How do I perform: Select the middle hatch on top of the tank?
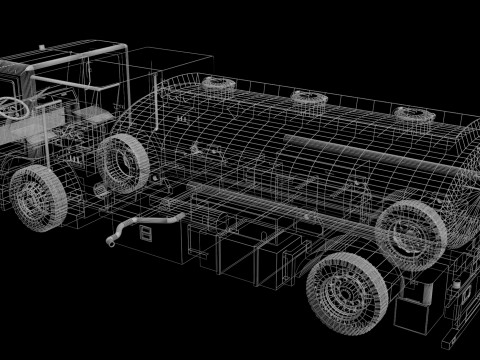(307, 97)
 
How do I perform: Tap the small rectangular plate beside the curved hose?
(147, 234)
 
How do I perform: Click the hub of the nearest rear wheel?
(347, 294)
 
